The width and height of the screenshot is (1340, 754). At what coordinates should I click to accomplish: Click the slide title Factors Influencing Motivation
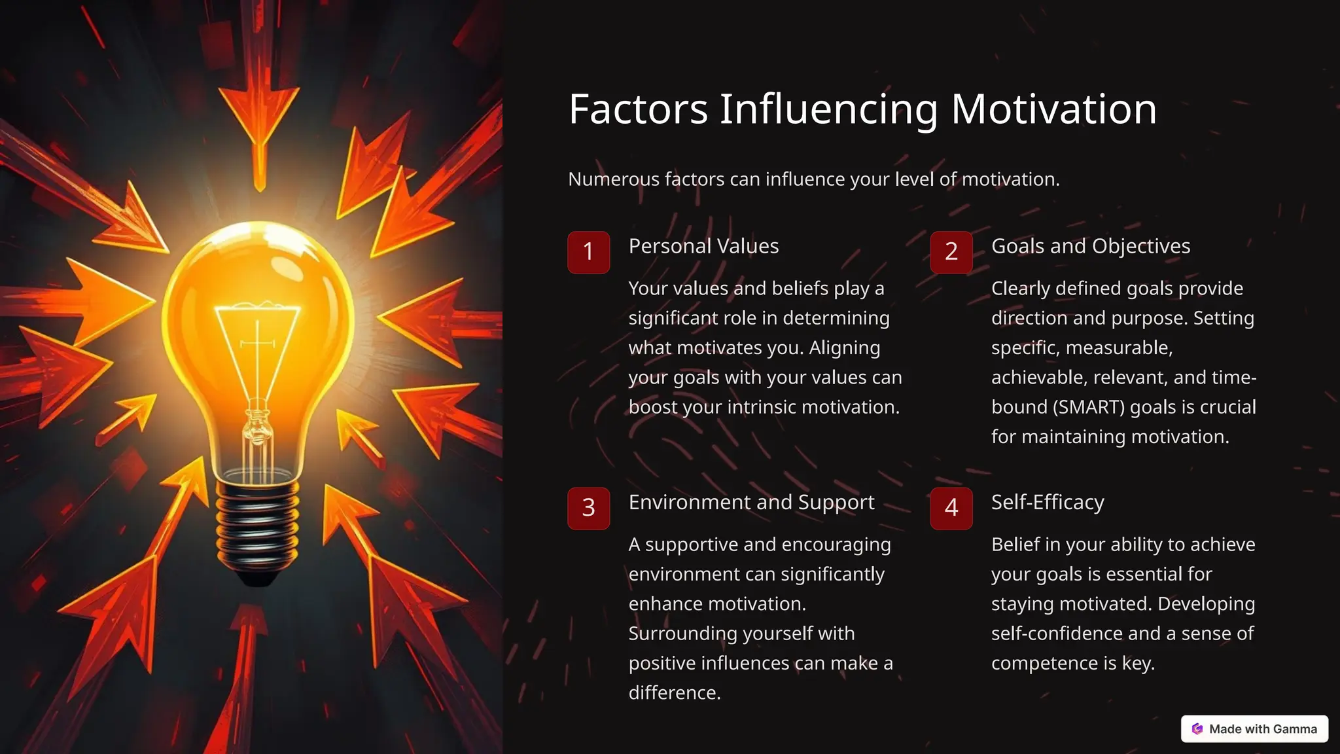(862, 109)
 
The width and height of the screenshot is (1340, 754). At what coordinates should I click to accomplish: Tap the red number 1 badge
(588, 252)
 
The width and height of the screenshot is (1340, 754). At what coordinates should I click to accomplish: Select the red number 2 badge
(951, 252)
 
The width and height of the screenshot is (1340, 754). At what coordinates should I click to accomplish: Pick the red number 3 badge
(588, 508)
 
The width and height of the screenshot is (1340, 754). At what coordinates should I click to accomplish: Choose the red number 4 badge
(951, 508)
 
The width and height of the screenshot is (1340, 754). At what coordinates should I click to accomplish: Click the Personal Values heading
(703, 246)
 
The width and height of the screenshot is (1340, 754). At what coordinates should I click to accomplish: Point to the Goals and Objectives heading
(1090, 246)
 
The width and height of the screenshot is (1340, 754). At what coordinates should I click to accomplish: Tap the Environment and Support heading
(751, 502)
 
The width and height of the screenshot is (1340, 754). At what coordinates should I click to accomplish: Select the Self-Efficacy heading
(1048, 502)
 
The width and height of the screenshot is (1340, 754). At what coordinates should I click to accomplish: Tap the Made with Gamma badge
(1254, 729)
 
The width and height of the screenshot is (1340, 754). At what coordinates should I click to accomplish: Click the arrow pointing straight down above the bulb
(259, 118)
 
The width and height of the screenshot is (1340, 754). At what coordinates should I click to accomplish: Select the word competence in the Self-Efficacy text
(1044, 663)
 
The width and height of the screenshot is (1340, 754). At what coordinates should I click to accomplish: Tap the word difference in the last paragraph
(674, 692)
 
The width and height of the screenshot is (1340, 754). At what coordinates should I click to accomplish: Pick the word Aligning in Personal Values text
(844, 348)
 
